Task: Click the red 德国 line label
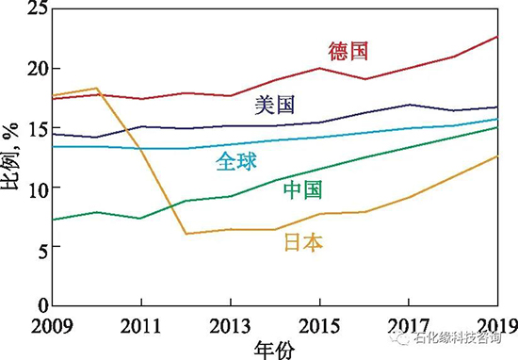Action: (x=348, y=50)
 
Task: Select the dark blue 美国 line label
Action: (x=275, y=105)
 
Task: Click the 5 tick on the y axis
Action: (x=40, y=247)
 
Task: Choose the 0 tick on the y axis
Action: (x=40, y=306)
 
